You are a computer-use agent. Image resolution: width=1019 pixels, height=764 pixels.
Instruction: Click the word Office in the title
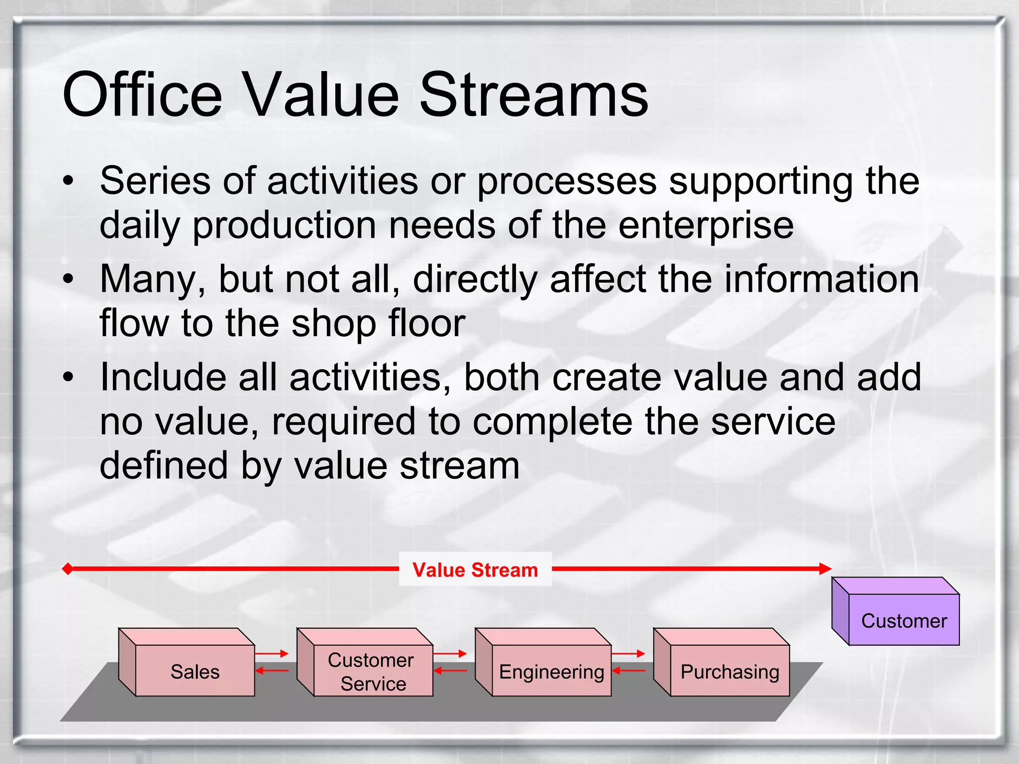pos(142,95)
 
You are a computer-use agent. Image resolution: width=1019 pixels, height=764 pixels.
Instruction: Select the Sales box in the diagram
pos(195,670)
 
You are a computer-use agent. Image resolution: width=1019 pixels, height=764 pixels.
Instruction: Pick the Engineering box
pos(551,670)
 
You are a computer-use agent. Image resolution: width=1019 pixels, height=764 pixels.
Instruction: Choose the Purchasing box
pos(729,670)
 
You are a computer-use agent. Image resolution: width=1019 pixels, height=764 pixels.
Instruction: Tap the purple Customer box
pos(904,620)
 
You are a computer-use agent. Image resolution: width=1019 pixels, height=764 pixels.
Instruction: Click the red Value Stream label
pos(475,570)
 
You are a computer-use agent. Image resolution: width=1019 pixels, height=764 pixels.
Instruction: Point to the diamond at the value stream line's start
pos(68,569)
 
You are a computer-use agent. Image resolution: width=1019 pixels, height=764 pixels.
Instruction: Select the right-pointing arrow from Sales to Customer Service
pos(272,653)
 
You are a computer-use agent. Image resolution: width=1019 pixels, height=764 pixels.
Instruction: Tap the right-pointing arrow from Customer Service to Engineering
pos(450,653)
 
